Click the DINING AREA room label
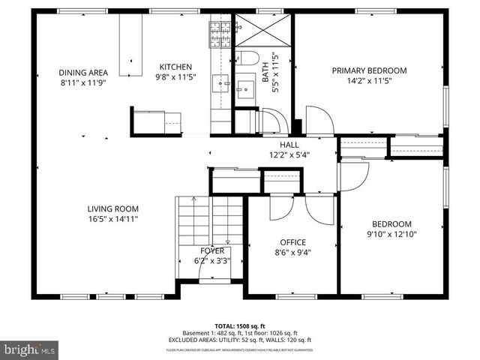click(x=83, y=73)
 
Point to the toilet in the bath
click(x=247, y=58)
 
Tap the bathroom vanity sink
click(x=245, y=89)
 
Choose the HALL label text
click(x=289, y=145)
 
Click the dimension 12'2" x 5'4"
click(x=289, y=155)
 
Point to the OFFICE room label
click(x=292, y=242)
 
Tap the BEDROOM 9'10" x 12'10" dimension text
click(x=392, y=234)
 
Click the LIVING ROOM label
click(x=112, y=209)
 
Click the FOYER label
click(x=211, y=251)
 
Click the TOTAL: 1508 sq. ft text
click(x=241, y=326)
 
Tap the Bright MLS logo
click(x=30, y=349)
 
